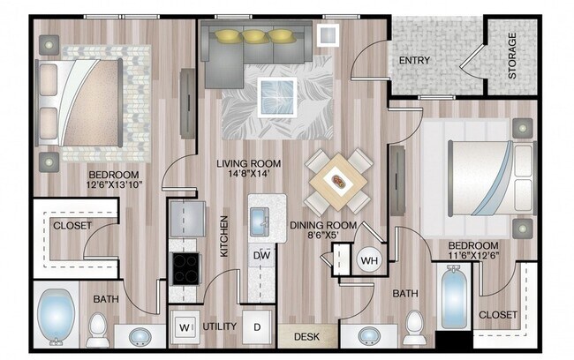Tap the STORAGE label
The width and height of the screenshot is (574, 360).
tap(511, 57)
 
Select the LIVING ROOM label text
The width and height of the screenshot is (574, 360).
tap(250, 163)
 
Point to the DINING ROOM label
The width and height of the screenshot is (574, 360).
tap(322, 225)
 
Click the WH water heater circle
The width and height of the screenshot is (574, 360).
tap(368, 260)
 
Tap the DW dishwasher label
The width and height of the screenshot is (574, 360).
tap(261, 255)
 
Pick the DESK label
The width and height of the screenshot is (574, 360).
tap(307, 335)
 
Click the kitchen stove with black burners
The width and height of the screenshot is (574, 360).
tap(185, 266)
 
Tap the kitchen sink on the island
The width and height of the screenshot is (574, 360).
tap(261, 223)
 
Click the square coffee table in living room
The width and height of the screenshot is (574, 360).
tap(276, 94)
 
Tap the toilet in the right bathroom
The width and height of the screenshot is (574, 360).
tap(412, 331)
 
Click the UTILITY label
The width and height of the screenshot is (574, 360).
tap(219, 326)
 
